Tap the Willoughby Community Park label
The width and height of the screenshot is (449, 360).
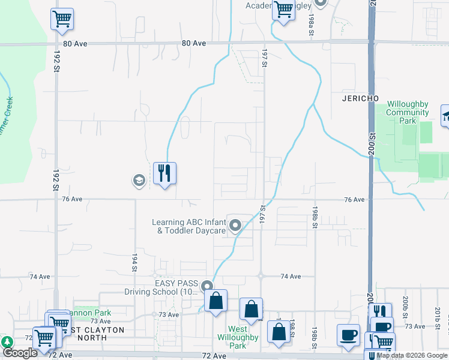pyautogui.click(x=408, y=112)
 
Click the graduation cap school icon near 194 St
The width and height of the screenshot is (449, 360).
pyautogui.click(x=139, y=180)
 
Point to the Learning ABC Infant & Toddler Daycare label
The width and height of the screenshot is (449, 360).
pyautogui.click(x=188, y=226)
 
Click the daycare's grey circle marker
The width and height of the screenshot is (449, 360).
pyautogui.click(x=235, y=226)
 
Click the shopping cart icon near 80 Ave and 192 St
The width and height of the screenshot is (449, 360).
pyautogui.click(x=62, y=19)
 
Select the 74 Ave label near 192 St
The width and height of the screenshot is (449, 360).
pyautogui.click(x=40, y=277)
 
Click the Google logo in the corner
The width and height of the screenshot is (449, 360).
pyautogui.click(x=20, y=353)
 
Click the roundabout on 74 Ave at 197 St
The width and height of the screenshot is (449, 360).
pyautogui.click(x=262, y=277)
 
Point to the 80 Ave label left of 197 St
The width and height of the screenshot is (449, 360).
pyautogui.click(x=193, y=43)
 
